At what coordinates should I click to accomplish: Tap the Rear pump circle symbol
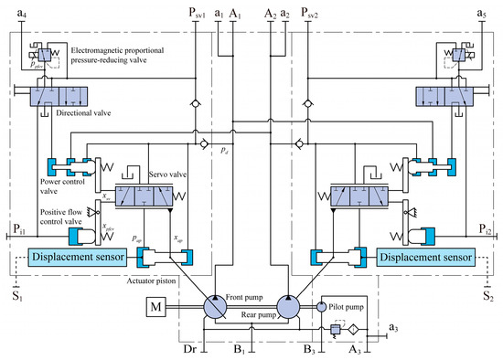290,311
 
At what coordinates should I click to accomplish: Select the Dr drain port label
187,348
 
